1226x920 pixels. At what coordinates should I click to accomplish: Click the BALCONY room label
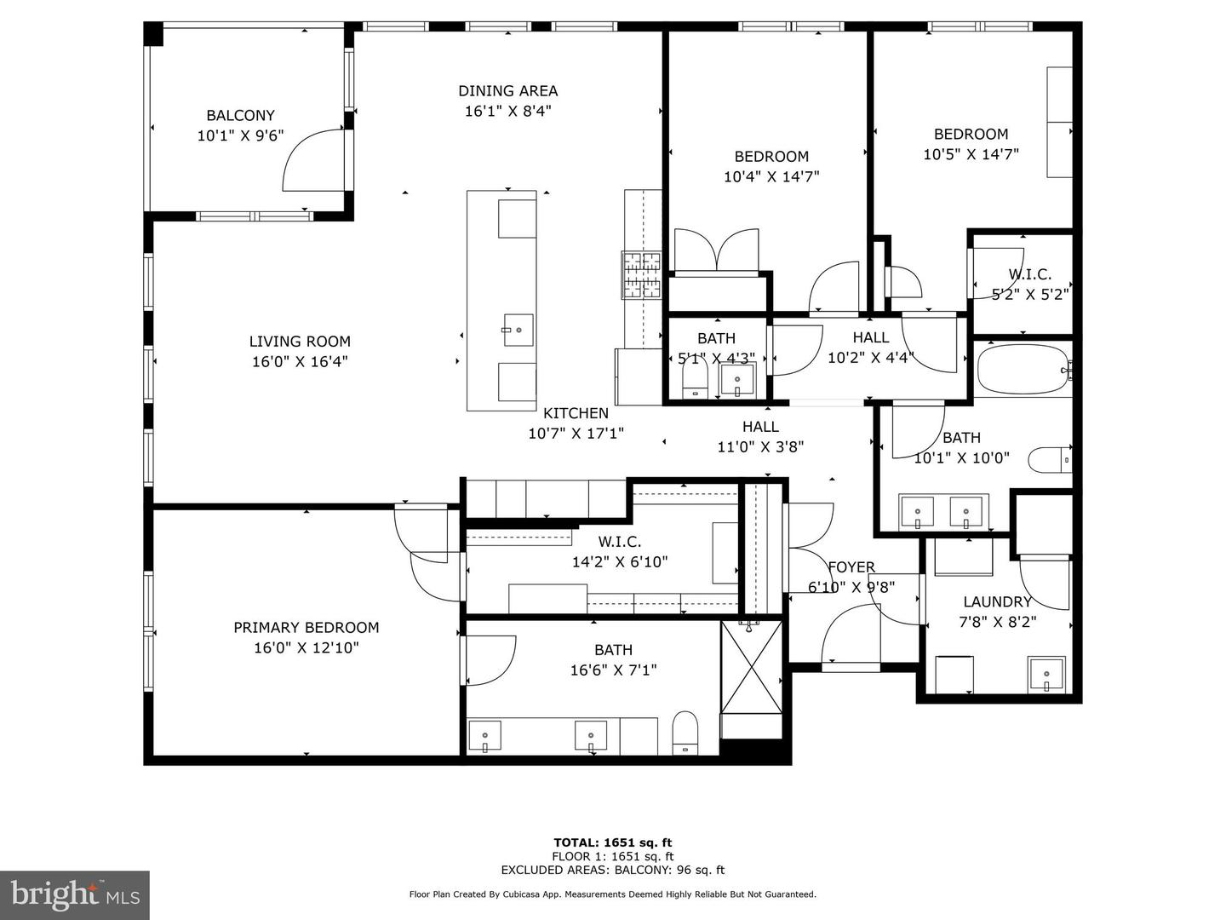(240, 115)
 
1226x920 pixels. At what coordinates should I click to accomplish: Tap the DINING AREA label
(507, 90)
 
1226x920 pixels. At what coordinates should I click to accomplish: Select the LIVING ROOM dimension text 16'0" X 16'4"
(300, 362)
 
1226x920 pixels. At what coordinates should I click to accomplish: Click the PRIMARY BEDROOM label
(306, 627)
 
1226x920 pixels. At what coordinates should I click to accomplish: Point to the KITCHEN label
(576, 413)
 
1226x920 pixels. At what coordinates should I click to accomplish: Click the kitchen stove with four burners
(642, 275)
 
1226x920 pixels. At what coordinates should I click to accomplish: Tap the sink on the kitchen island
(517, 329)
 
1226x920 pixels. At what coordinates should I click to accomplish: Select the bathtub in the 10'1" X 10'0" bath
(1020, 369)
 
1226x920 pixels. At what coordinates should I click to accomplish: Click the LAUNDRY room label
(997, 601)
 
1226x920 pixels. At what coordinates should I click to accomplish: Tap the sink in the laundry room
(1046, 675)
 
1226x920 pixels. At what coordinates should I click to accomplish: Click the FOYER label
(851, 567)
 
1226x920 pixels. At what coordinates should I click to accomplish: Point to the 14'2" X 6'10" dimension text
(620, 562)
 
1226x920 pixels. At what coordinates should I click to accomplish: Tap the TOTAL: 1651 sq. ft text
(612, 843)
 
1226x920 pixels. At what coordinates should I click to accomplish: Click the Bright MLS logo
(75, 894)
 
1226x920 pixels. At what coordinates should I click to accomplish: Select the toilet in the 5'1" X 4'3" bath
(696, 382)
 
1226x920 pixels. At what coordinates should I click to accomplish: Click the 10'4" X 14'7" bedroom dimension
(771, 177)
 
